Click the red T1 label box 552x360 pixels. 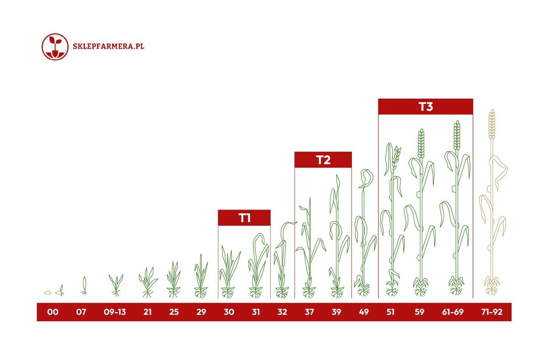click(244, 218)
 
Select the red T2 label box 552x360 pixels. click(323, 160)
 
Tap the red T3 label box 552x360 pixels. click(426, 107)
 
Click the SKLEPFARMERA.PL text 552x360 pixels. click(109, 46)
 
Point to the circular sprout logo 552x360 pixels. click(55, 47)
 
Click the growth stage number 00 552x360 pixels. click(53, 312)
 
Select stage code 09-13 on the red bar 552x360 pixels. click(115, 312)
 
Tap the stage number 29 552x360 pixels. click(201, 312)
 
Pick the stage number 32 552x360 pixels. click(283, 312)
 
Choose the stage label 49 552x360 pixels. click(364, 312)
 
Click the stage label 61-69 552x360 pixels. click(453, 312)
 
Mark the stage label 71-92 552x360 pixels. click(492, 312)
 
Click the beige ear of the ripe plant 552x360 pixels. click(492, 124)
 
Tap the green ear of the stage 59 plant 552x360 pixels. click(421, 143)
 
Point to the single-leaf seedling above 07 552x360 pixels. click(84, 286)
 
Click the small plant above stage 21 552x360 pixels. click(148, 282)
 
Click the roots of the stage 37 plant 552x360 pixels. click(309, 292)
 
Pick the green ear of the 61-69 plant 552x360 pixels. click(457, 135)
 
